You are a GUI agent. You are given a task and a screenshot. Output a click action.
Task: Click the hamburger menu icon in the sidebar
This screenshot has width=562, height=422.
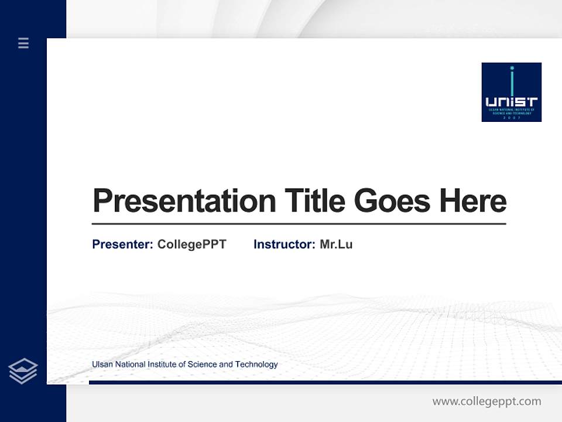[x=23, y=43]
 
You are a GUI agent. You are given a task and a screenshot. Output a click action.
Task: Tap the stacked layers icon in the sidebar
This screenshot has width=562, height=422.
[x=23, y=371]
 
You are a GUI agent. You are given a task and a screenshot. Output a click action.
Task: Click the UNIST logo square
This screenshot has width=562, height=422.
[x=511, y=92]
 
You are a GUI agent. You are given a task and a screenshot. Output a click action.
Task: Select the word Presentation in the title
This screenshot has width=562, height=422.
[x=184, y=201]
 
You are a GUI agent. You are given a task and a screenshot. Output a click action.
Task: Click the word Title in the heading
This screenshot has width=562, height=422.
[x=314, y=201]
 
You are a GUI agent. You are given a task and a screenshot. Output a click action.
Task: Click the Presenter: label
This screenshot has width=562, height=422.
[x=122, y=244]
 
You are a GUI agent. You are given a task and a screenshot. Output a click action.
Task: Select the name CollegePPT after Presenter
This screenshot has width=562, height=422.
[x=191, y=244]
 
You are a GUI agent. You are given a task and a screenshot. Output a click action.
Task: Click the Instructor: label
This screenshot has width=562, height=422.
[x=284, y=244]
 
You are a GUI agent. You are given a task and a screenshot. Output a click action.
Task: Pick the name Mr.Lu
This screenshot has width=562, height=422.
[x=336, y=244]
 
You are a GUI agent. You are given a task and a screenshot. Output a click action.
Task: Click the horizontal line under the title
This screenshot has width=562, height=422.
[x=299, y=224]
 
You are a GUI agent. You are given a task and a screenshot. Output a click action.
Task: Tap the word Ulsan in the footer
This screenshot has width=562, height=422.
[x=102, y=365]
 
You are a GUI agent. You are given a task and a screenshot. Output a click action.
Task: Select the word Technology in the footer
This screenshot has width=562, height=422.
[x=256, y=365]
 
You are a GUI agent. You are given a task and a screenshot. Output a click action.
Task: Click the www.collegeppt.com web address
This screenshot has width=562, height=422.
[x=486, y=401]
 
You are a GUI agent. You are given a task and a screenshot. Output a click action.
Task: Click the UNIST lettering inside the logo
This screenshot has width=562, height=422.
[x=511, y=102]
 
